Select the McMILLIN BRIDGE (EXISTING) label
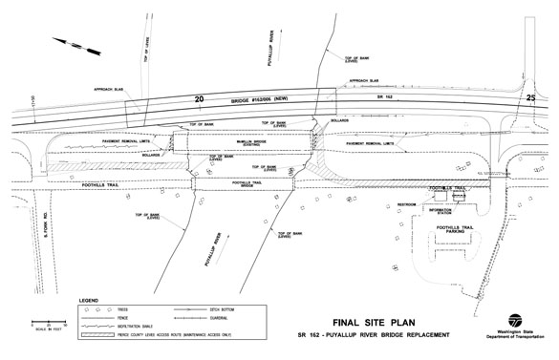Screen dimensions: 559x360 (243, 145)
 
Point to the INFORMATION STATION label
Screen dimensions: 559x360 (440, 213)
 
